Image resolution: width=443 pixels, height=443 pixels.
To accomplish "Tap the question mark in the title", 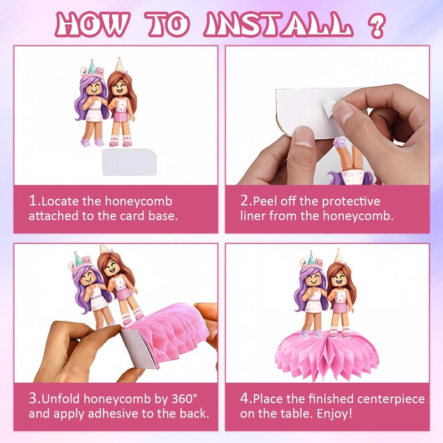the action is point(377,25).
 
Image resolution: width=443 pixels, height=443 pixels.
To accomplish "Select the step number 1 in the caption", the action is point(33,201).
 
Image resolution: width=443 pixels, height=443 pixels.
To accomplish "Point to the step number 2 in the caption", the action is point(244,201).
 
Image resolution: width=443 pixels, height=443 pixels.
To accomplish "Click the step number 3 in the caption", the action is point(33,398).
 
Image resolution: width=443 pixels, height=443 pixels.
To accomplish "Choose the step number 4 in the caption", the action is point(245,398).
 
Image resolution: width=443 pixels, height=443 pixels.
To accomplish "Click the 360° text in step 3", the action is point(184,399).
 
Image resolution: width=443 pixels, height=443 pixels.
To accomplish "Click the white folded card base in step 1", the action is point(129,162).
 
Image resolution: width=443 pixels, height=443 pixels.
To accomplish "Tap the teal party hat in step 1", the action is point(91,66).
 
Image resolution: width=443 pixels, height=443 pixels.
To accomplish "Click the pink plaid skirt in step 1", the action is point(121,116).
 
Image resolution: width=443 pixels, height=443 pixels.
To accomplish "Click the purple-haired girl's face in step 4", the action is point(313,279).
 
